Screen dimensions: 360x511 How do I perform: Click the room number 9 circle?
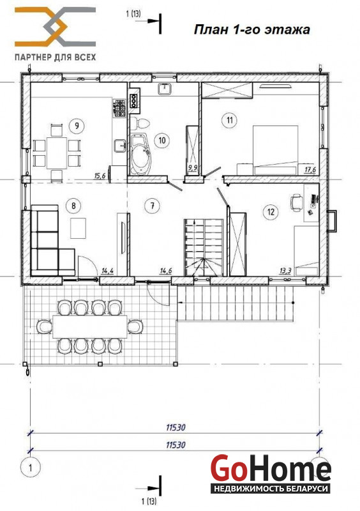pos(77,125)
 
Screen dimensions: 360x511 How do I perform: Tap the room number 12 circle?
pos(271,212)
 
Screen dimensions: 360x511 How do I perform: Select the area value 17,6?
pos(310,170)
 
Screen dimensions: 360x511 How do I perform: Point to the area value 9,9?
pos(193,168)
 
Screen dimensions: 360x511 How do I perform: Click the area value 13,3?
pos(285,270)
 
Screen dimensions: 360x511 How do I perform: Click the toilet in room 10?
pos(140,123)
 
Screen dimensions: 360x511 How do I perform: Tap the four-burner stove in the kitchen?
pos(119,108)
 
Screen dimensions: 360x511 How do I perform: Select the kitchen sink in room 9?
pos(120,146)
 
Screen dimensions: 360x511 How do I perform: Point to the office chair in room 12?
pos(296,202)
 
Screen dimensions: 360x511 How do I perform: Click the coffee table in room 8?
pos(78,229)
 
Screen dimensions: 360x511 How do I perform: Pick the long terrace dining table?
pos(89,326)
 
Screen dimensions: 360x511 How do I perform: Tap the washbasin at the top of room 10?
pos(165,89)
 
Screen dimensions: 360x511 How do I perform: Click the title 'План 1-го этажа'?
pos(252,29)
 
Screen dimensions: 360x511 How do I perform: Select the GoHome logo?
pos(271,473)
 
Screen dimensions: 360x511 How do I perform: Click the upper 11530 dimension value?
pos(176,427)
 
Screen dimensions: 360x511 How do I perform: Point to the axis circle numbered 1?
pos(30,468)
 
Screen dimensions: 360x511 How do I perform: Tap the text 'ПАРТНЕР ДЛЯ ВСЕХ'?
pos(56,57)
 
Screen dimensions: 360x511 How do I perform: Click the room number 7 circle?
pos(152,206)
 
